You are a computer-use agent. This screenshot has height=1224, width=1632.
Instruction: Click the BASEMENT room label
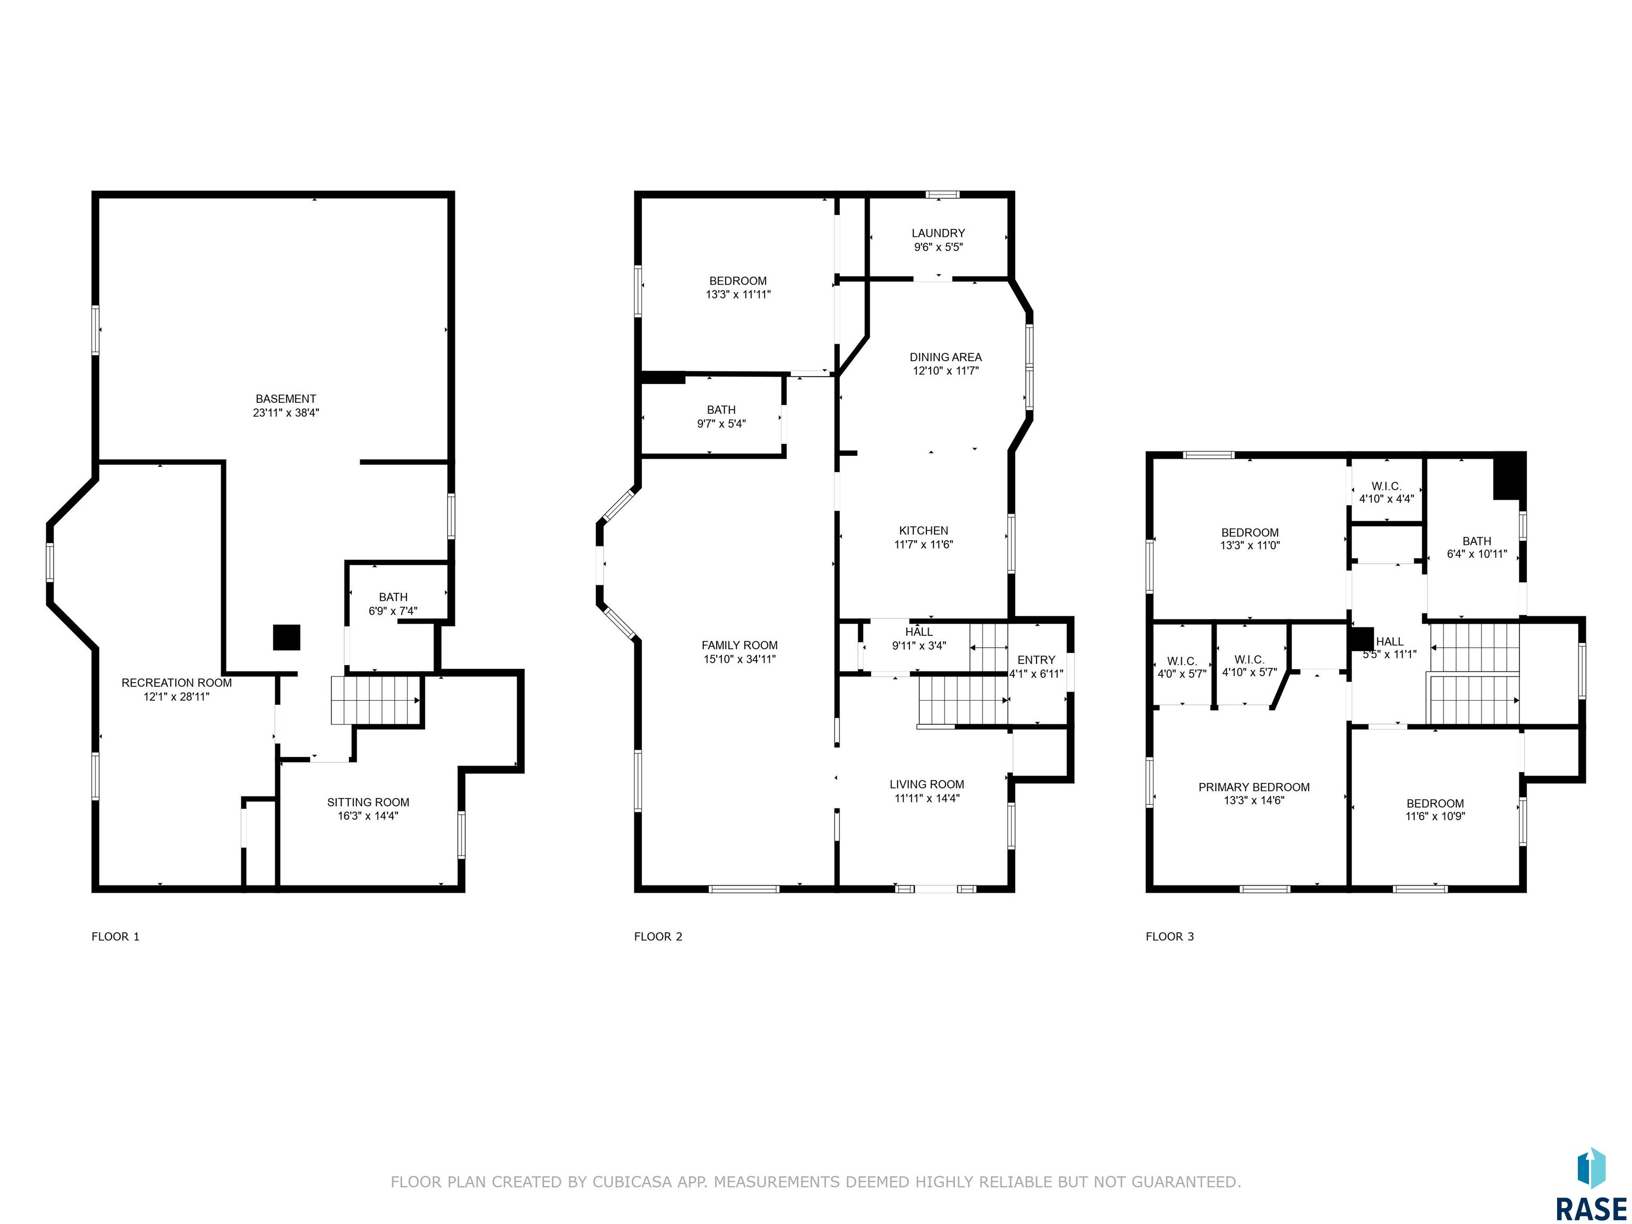coord(285,399)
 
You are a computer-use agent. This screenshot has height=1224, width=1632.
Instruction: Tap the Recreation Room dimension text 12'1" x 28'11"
coord(177,696)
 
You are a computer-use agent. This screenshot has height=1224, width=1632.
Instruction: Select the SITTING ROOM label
coord(368,802)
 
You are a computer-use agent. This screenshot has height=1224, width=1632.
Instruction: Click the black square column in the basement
coord(286,637)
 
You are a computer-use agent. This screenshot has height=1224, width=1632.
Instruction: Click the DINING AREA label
coord(946,357)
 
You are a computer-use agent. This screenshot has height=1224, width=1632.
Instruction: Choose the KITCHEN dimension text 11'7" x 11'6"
coord(924,545)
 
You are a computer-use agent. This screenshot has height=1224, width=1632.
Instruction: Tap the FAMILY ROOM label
coord(740,645)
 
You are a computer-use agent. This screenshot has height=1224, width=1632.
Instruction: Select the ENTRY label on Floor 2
coord(1036,660)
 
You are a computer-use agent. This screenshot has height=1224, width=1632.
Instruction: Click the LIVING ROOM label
coord(926,784)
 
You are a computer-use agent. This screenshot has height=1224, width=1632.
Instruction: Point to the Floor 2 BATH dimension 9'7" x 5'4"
coord(721,423)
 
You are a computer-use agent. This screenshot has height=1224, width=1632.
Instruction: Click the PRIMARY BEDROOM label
coord(1254,787)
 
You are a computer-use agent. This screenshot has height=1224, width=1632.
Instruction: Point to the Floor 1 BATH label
coord(393,597)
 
